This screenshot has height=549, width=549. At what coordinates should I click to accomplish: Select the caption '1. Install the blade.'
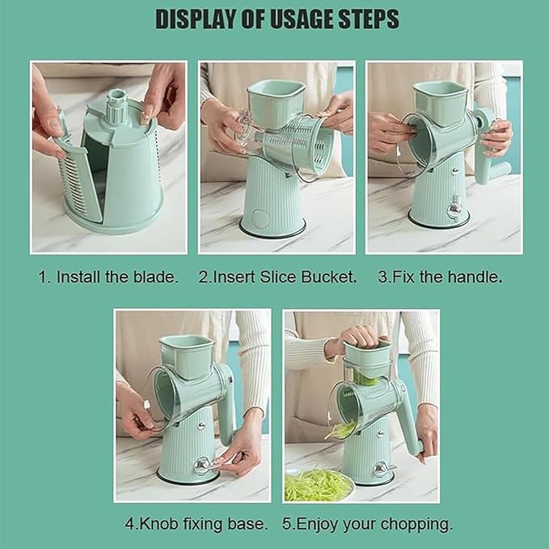[108, 277]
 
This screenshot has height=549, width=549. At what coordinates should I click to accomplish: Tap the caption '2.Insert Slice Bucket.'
[277, 277]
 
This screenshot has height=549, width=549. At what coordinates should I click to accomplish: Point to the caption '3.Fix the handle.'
[440, 277]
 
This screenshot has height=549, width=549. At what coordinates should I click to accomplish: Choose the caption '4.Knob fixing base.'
[196, 524]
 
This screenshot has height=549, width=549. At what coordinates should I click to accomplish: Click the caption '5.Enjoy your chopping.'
[367, 524]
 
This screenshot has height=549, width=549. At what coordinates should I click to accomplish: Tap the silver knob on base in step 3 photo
[454, 208]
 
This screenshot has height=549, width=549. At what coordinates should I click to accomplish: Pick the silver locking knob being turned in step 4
[202, 466]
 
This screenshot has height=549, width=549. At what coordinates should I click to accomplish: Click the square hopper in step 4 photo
[187, 356]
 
